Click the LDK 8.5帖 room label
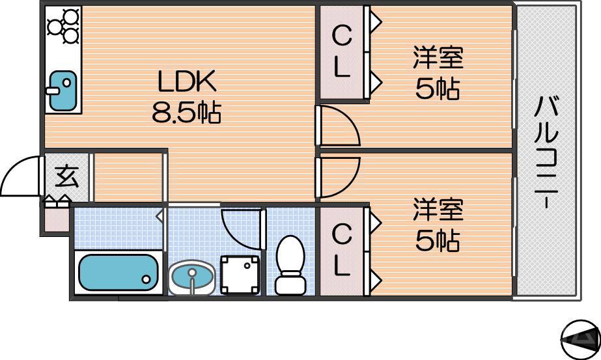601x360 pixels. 186,96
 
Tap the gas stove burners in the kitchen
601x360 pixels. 63,26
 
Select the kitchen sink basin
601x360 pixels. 62,90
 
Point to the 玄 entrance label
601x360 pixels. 66,176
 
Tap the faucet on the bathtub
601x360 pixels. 147,281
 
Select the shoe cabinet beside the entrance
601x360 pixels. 56,217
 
